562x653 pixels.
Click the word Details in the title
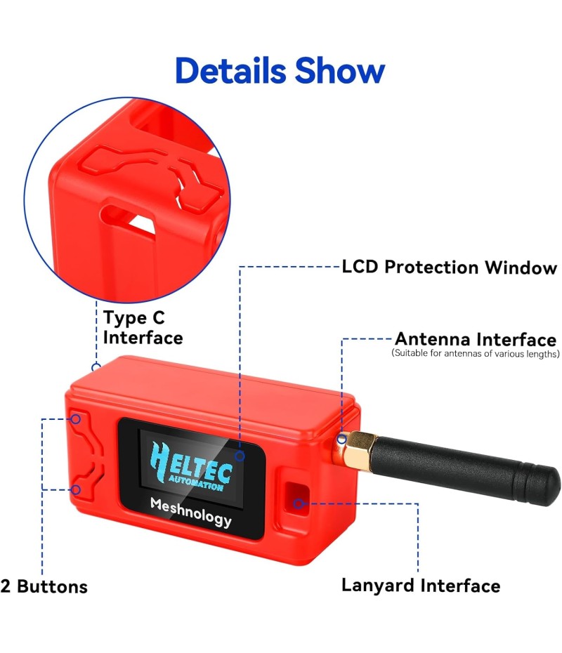click(x=231, y=70)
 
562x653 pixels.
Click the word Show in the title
click(x=340, y=70)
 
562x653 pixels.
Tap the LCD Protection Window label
click(x=449, y=267)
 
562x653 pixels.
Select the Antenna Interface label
click(x=476, y=339)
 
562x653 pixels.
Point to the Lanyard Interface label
click(x=421, y=585)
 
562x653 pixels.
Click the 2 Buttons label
click(x=44, y=586)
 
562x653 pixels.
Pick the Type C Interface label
click(x=143, y=328)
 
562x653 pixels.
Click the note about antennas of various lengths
click(x=476, y=354)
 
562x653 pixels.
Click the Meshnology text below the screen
click(x=191, y=512)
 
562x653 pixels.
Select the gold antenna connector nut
click(x=353, y=451)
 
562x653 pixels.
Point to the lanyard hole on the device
click(x=296, y=497)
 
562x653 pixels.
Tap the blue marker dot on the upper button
click(x=75, y=418)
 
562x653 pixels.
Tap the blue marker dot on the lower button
click(x=75, y=489)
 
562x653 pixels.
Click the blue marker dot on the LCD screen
click(x=240, y=456)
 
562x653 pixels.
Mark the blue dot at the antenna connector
click(x=341, y=439)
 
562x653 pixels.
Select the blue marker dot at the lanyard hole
click(x=299, y=503)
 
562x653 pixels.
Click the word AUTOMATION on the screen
click(x=196, y=484)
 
